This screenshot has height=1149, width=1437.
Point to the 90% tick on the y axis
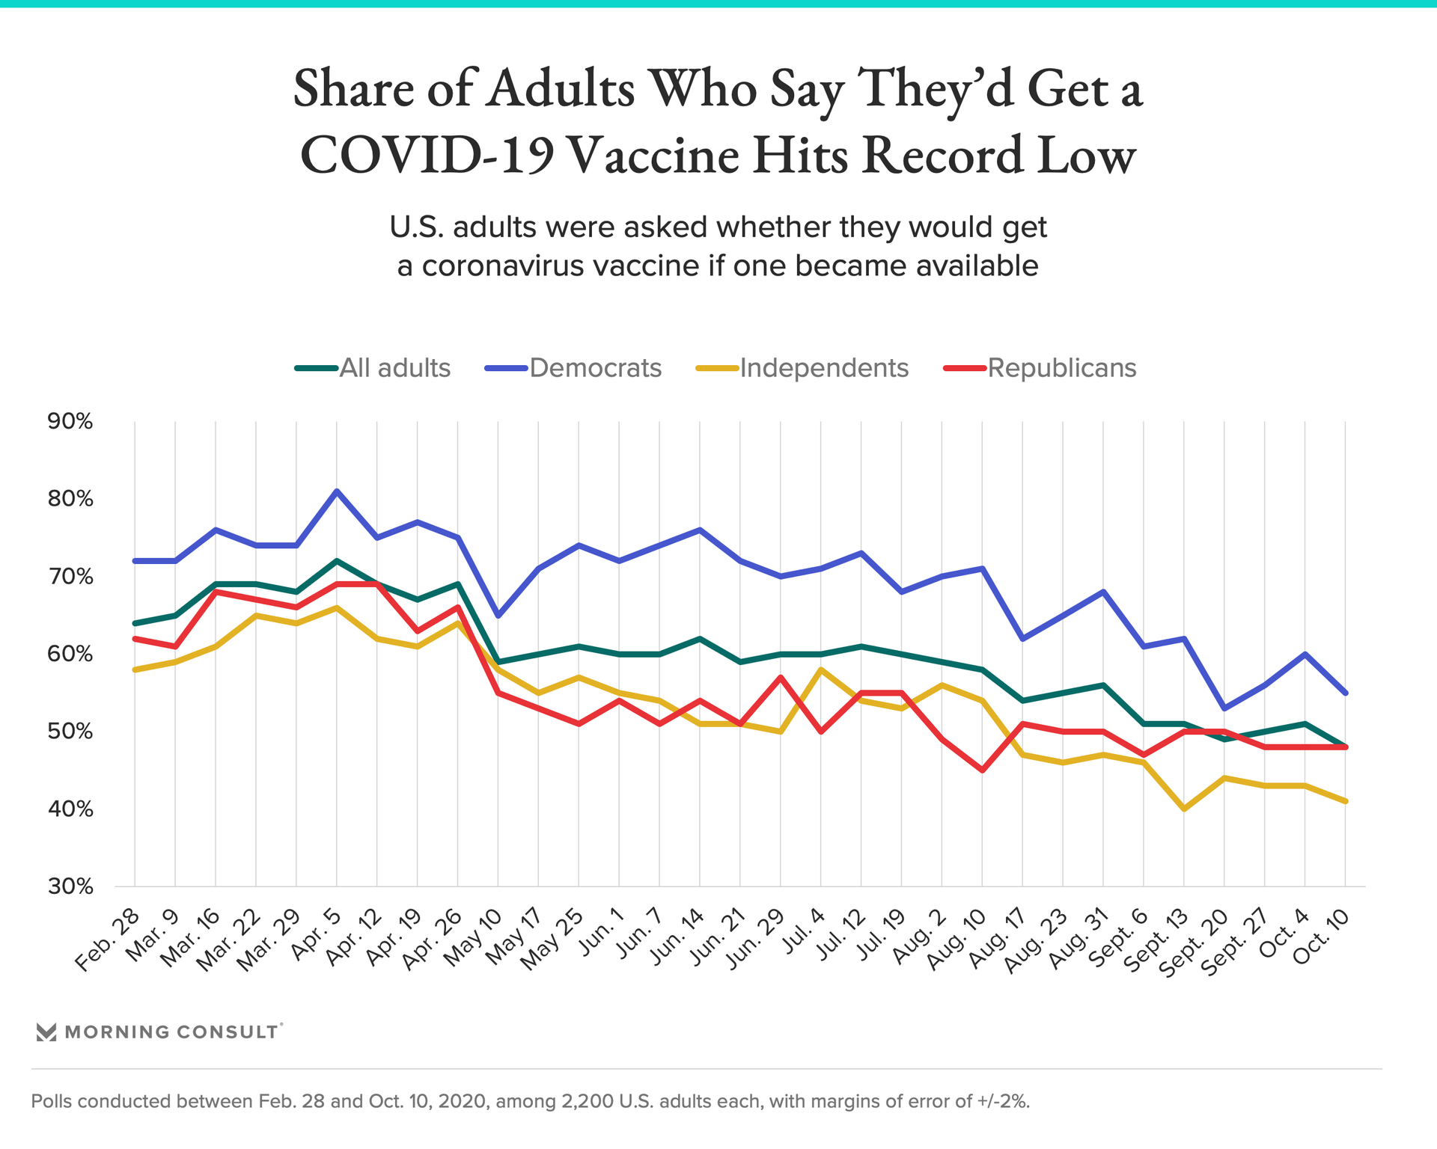(x=70, y=422)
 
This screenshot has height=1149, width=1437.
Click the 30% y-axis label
(x=70, y=887)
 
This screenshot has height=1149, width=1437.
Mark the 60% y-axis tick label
(x=70, y=655)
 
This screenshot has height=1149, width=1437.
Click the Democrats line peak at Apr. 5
(x=337, y=491)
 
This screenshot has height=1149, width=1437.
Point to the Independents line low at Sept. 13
(x=1184, y=809)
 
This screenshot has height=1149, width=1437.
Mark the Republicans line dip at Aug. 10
(x=982, y=770)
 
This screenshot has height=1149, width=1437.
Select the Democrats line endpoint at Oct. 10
(x=1346, y=693)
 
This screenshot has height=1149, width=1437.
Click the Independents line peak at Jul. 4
(x=821, y=670)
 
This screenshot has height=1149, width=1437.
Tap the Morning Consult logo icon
(x=46, y=1032)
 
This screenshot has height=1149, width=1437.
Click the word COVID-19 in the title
(x=427, y=156)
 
